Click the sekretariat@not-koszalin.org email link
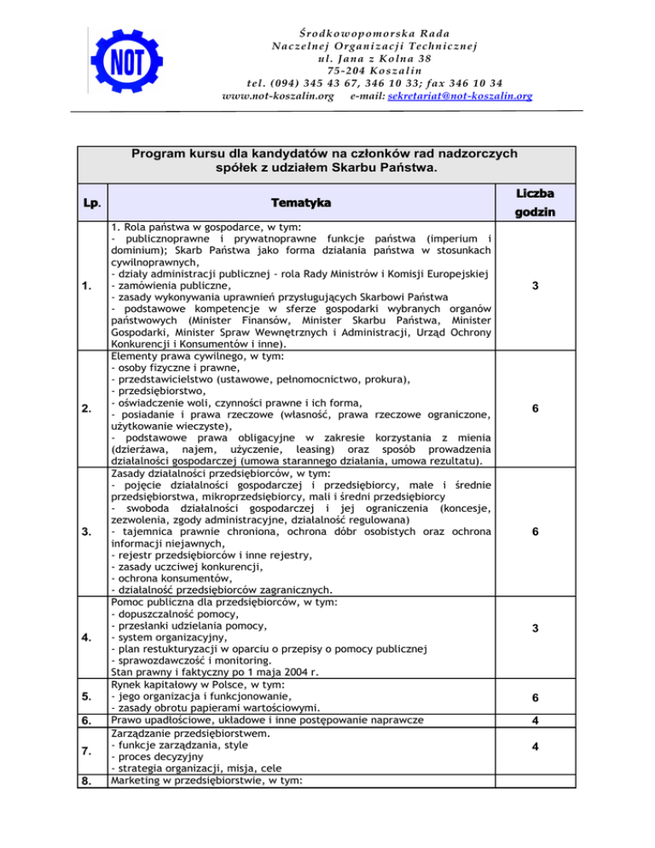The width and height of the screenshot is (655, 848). click(460, 97)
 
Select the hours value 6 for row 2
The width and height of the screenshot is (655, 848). click(534, 409)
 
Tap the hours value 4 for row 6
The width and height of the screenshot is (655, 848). click(534, 721)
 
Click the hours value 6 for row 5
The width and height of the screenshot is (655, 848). click(534, 697)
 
